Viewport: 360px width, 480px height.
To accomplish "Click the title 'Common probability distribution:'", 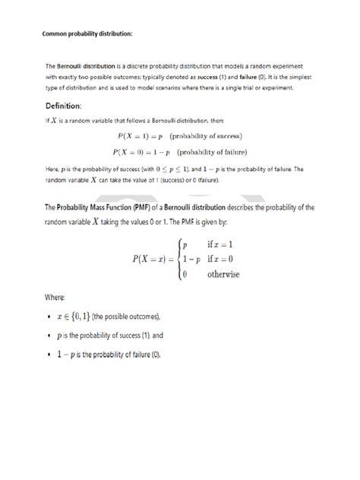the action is [x=86, y=34].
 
